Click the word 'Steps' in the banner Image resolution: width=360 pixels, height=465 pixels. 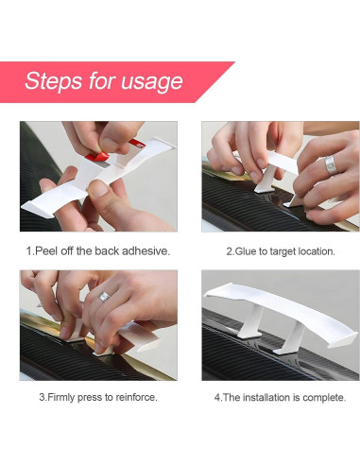(54, 81)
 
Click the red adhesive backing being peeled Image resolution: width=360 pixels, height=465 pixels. (97, 157)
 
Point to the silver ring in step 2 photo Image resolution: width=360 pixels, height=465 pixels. (331, 164)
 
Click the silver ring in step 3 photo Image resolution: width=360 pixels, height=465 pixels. (104, 297)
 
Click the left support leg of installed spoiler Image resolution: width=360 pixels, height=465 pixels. (252, 322)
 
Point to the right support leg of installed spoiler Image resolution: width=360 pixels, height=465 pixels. (290, 338)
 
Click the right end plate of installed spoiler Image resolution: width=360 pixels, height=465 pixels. (343, 339)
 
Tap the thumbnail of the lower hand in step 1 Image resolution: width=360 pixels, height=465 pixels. (97, 188)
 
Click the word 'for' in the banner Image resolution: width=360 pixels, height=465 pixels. (101, 81)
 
